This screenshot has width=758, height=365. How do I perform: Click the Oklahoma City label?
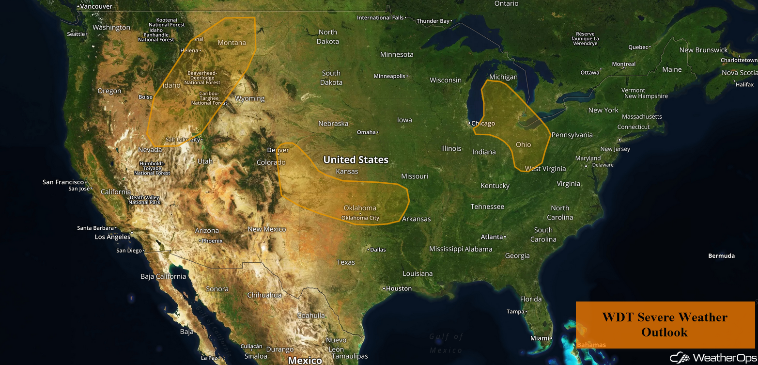(360, 218)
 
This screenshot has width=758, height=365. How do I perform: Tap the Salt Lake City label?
(183, 140)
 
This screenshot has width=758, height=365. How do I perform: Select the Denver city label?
(278, 150)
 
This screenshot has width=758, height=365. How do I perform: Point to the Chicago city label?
(483, 123)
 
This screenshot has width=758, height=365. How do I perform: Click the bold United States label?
(356, 159)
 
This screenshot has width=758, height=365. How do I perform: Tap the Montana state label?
(232, 43)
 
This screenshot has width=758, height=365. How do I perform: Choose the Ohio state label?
(523, 144)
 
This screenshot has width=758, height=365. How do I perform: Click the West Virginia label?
(545, 169)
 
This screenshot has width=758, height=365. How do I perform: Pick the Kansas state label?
(347, 171)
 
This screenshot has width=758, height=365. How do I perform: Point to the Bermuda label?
(721, 255)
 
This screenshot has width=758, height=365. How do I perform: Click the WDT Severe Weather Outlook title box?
(665, 325)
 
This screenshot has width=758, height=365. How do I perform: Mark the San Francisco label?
(63, 182)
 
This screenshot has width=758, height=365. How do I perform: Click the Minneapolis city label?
(389, 76)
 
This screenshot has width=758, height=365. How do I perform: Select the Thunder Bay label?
(433, 21)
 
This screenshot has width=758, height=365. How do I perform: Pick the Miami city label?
(540, 338)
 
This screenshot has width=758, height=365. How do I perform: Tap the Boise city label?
(145, 97)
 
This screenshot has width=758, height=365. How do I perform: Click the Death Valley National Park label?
(144, 200)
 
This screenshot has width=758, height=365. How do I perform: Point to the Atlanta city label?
(492, 237)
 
